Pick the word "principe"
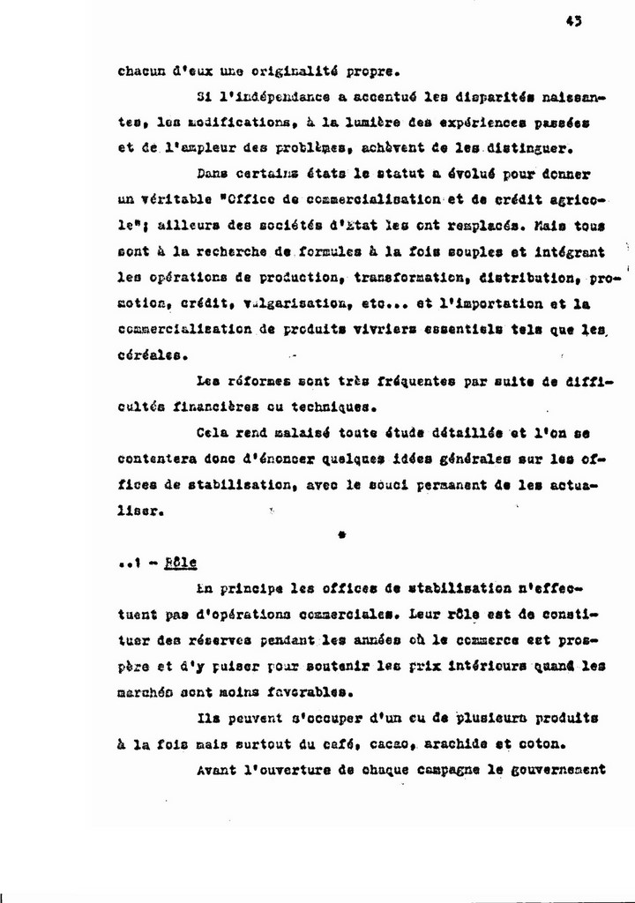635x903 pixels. (270, 588)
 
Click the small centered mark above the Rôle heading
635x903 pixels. (341, 534)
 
